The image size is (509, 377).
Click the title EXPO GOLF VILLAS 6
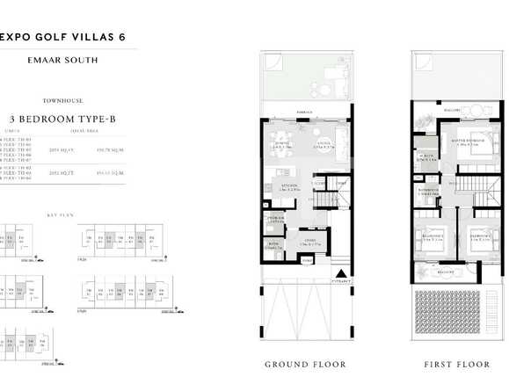tap(65, 36)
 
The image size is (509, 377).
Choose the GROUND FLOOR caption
tap(305, 364)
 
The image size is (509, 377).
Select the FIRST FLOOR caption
tap(456, 364)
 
